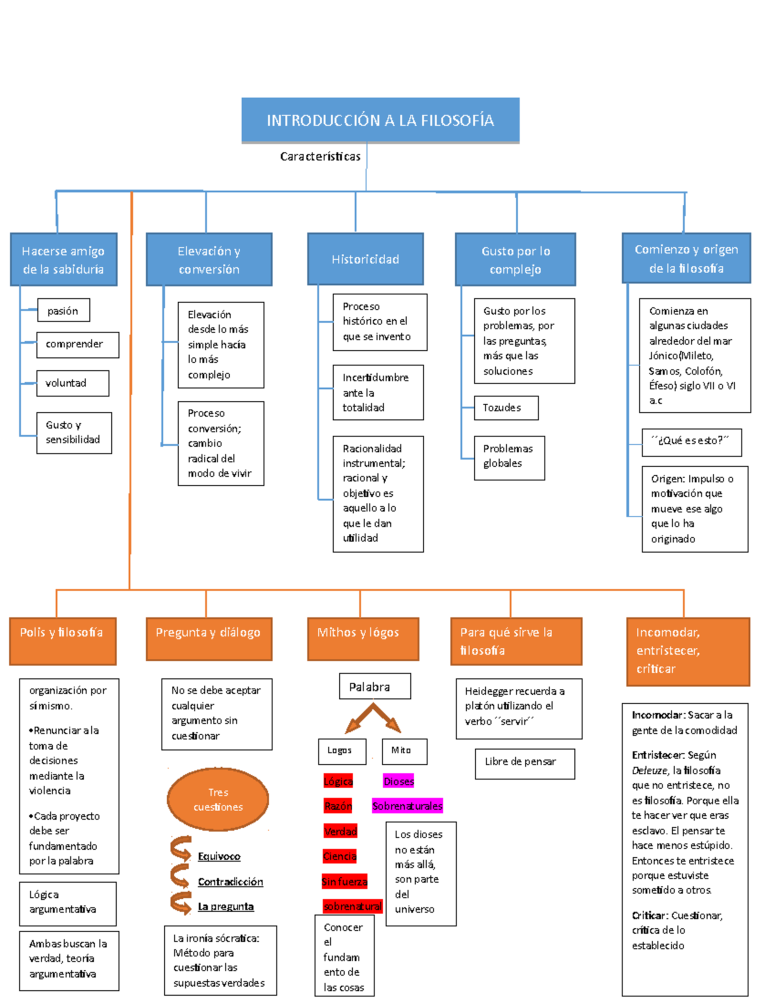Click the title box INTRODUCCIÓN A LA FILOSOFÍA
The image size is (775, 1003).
tap(380, 120)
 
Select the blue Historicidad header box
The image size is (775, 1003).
tap(366, 259)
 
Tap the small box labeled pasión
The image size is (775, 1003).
tap(63, 311)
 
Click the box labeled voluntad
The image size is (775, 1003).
tap(72, 383)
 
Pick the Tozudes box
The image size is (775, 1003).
tap(506, 408)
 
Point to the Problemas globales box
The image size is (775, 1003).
tap(509, 457)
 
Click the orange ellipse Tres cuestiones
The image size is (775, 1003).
tap(218, 800)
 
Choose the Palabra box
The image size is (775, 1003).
tap(375, 687)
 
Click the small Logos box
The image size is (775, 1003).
tap(342, 751)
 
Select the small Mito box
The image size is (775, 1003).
tap(404, 751)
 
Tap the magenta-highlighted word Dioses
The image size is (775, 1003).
tap(398, 781)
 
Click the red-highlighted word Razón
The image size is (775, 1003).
tap(338, 806)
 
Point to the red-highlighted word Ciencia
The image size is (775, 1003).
tap(340, 856)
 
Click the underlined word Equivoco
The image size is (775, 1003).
tap(219, 856)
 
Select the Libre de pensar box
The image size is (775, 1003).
tap(524, 763)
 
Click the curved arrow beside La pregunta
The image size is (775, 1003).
tap(181, 903)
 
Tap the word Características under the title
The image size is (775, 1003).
tap(320, 156)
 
